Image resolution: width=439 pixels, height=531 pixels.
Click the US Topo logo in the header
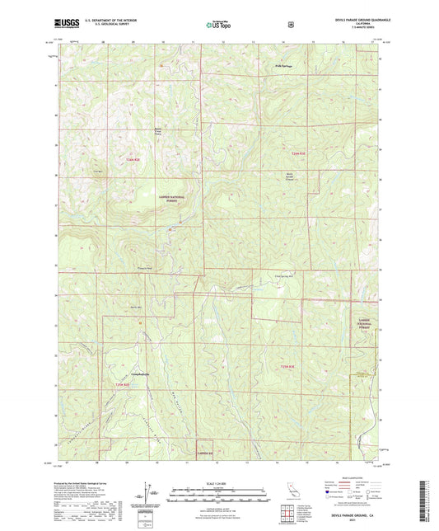[218, 25]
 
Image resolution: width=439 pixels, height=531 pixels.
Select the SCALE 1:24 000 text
[218, 483]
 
